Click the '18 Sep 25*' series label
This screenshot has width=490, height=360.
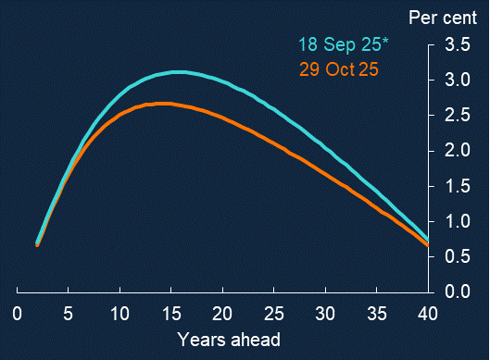(343, 44)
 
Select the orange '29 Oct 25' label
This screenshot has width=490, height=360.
(339, 69)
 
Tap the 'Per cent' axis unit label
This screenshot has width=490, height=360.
(443, 18)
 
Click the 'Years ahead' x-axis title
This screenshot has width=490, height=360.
(229, 340)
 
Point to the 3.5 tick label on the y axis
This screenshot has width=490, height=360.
(458, 44)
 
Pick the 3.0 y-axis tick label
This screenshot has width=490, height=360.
(458, 80)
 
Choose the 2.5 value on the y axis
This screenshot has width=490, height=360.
(458, 115)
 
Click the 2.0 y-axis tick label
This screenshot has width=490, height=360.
(458, 151)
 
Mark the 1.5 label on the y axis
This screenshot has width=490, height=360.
(458, 186)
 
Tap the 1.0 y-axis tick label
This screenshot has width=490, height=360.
(458, 221)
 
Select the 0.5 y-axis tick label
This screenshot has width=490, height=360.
(458, 256)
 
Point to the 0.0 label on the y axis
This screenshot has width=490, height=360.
(458, 292)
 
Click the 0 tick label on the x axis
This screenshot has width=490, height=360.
(18, 314)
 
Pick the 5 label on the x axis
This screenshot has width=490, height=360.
(69, 314)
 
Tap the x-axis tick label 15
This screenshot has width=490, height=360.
(171, 314)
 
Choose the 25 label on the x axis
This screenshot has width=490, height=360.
(274, 314)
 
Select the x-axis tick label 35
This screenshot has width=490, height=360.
(377, 314)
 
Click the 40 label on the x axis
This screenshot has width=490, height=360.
(428, 314)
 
